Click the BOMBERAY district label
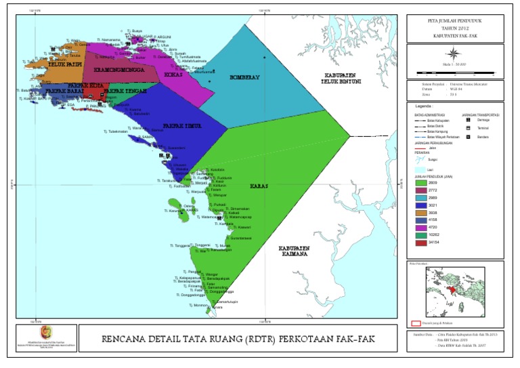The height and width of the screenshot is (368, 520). (x=244, y=77)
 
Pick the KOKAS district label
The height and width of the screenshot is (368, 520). (x=174, y=74)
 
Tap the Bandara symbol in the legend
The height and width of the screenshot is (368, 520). (x=468, y=137)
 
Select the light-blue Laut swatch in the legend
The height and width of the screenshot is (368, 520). (x=420, y=169)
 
